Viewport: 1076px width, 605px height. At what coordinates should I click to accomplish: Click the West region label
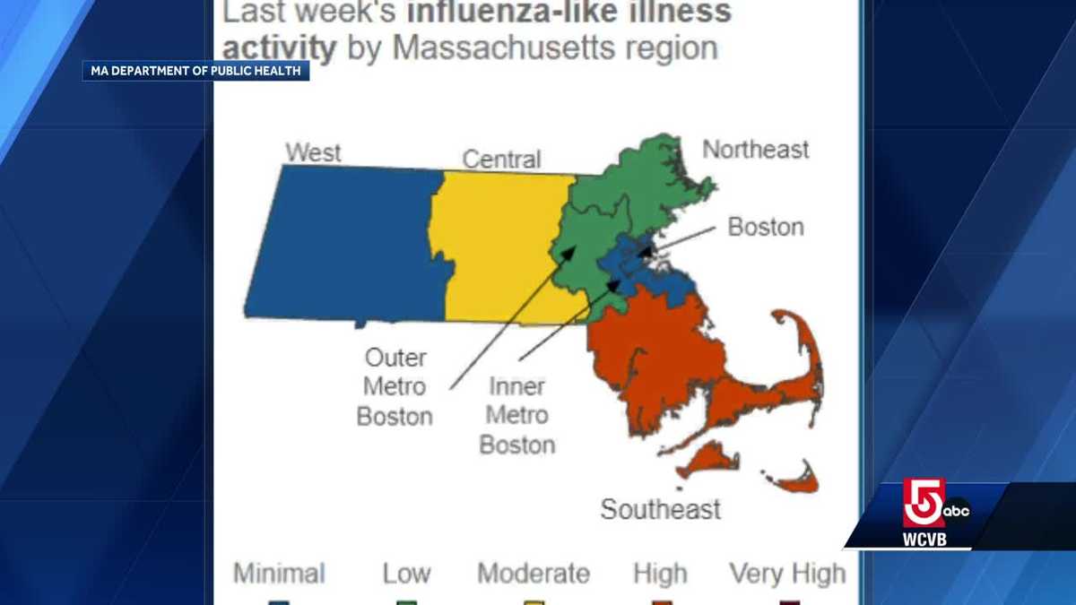point(313,152)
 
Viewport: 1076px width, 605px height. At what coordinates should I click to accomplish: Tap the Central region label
point(501,160)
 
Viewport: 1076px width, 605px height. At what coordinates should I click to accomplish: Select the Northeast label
point(755,149)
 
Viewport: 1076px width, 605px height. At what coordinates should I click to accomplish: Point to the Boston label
point(765,227)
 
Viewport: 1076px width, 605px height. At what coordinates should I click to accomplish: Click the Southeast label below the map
point(660,509)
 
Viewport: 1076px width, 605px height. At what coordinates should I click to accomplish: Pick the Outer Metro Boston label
point(395,387)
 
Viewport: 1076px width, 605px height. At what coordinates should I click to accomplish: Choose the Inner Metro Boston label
point(517,416)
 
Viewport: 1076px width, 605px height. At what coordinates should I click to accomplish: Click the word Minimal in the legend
point(279,573)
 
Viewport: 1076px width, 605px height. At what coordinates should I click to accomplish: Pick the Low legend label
point(406,573)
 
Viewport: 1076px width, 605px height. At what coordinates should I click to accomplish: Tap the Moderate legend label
point(534,573)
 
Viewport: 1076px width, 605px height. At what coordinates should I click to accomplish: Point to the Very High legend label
point(786,573)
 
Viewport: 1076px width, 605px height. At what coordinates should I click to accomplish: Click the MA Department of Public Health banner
point(196,70)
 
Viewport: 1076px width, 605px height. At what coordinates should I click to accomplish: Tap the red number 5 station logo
point(924,502)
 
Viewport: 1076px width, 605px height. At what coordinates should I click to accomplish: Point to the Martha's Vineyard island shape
point(708,460)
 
